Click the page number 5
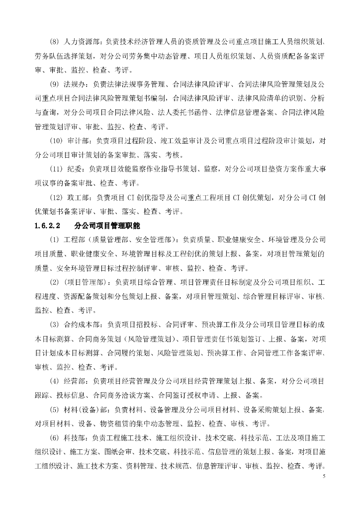323,476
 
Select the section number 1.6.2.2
48,225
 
